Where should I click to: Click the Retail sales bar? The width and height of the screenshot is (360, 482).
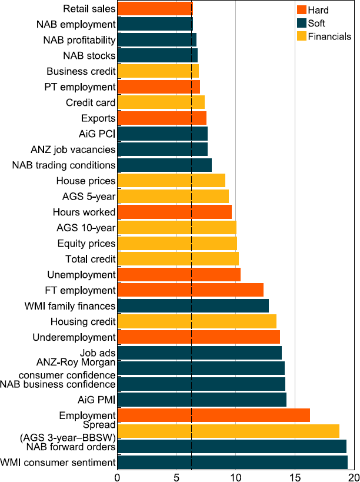(155, 8)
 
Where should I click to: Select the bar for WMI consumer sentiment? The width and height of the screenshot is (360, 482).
(232, 462)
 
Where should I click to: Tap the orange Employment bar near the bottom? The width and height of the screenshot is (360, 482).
(214, 415)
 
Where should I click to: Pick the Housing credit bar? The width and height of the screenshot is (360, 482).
(196, 321)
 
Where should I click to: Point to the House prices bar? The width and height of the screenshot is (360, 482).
(171, 180)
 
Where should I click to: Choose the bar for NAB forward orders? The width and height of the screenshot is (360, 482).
(232, 446)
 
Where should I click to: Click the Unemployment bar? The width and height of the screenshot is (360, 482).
(179, 274)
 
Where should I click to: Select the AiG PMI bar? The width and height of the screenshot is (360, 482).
(202, 400)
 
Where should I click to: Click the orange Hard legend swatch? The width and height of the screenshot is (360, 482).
(302, 10)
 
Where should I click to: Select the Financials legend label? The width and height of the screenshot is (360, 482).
(330, 36)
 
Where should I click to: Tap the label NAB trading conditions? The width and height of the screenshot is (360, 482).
(64, 165)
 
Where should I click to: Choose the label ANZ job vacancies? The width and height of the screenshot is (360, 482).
(73, 149)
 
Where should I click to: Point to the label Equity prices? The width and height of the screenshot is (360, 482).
(86, 243)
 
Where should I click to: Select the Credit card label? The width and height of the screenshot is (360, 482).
(91, 102)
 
